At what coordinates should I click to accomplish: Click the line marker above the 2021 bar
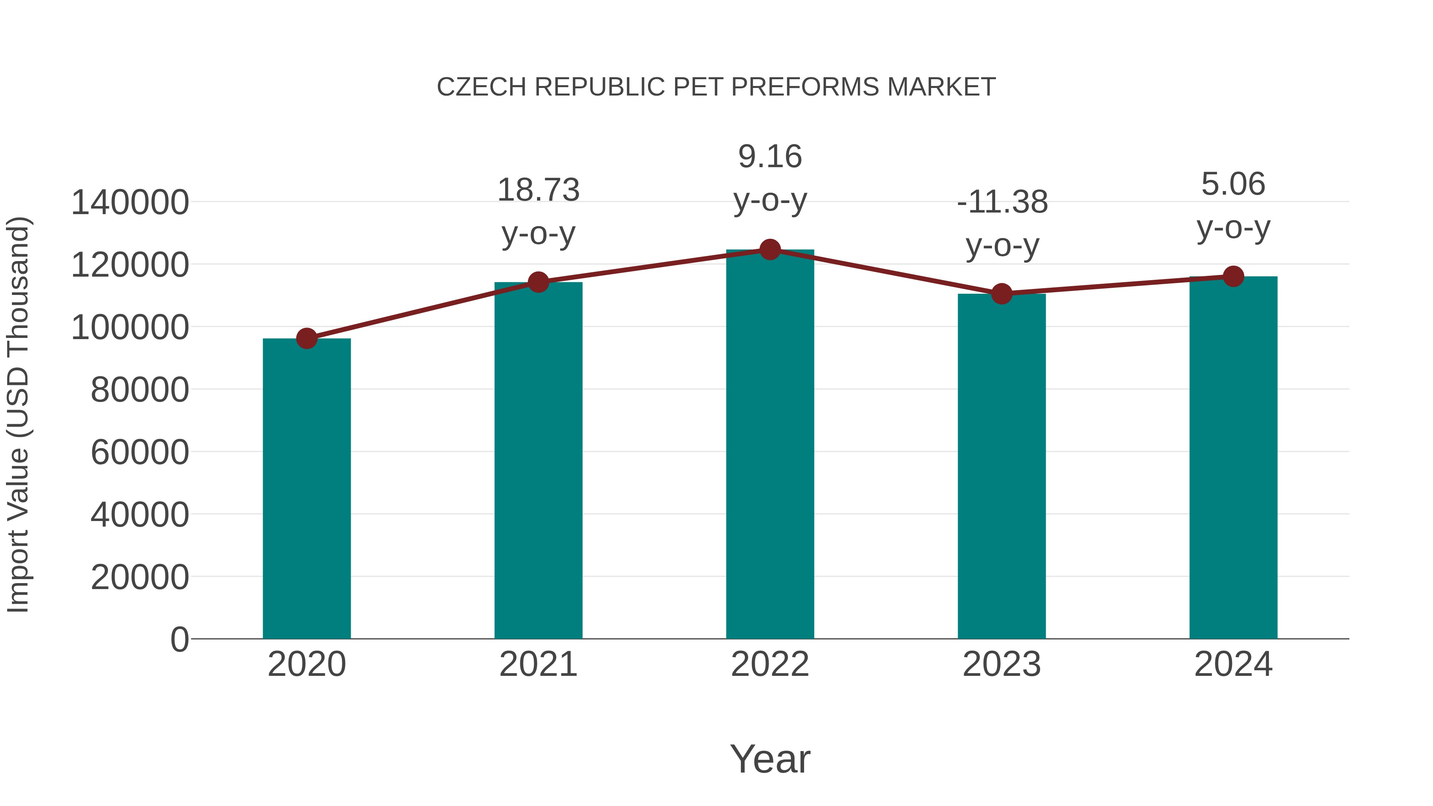point(538,282)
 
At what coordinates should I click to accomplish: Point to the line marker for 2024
point(1233,276)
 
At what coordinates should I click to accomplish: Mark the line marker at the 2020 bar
point(307,338)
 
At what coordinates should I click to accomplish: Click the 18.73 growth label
point(538,190)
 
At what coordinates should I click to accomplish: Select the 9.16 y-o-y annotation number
point(770,156)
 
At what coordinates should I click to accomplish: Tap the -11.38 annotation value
point(1002,202)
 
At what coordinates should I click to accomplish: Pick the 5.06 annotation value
point(1233,184)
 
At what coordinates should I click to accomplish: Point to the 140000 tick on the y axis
point(130,203)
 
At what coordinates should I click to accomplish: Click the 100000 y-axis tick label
point(130,328)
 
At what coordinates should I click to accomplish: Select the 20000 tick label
point(140,578)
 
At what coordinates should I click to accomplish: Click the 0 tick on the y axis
point(179,640)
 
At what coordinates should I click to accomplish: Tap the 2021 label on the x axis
point(538,664)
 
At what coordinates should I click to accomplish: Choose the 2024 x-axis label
point(1233,664)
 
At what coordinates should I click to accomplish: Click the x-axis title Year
point(770,759)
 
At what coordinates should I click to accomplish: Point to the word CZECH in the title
point(481,87)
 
